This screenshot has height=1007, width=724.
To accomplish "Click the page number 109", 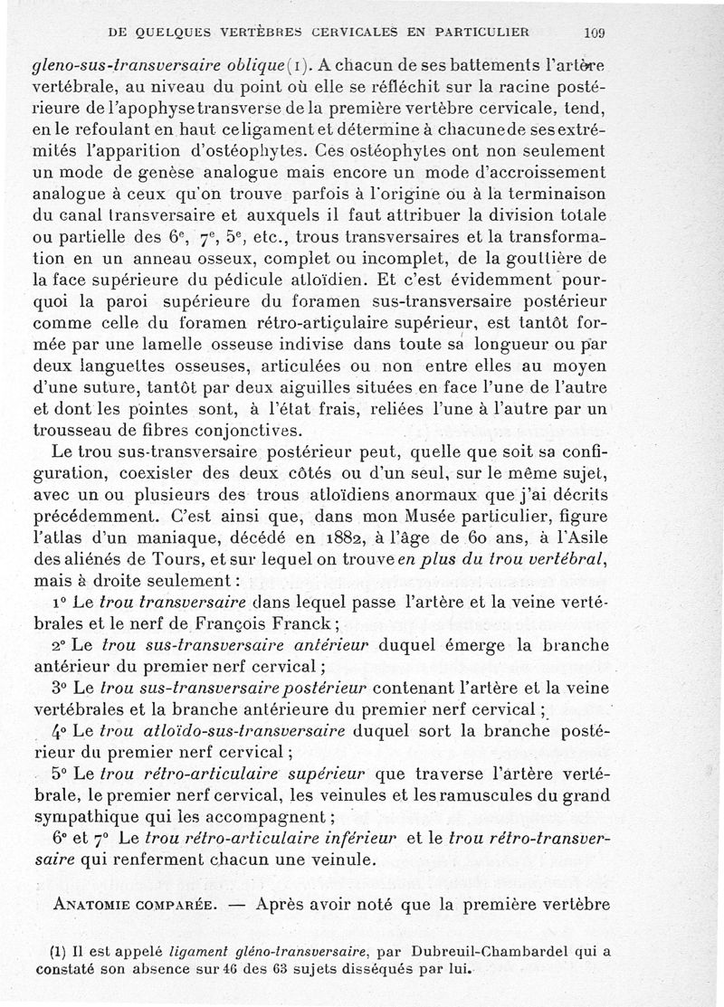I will coord(595,33).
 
